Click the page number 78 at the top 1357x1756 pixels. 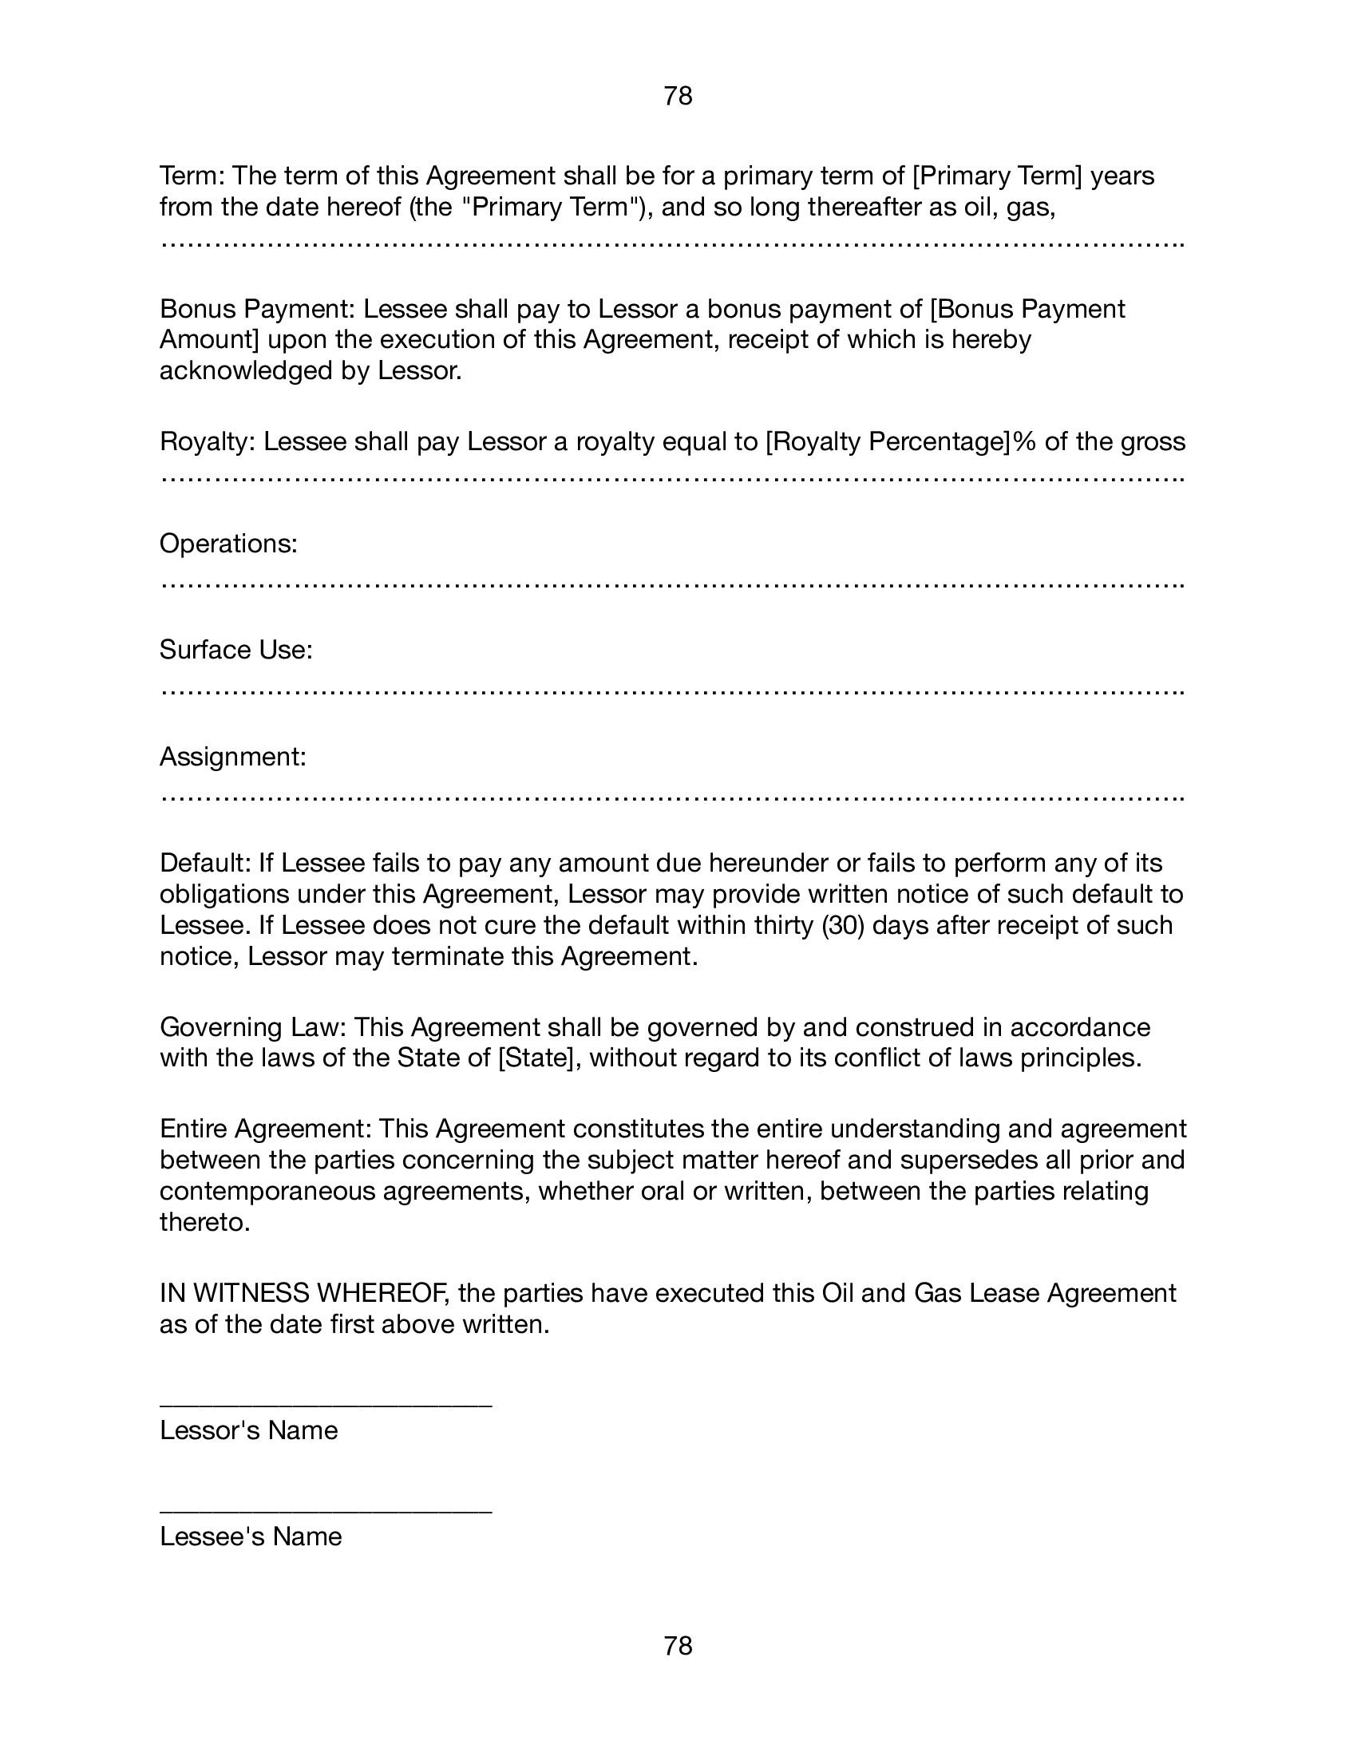tap(678, 97)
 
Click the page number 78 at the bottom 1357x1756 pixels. tap(678, 1646)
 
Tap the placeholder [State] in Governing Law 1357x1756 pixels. tap(536, 1058)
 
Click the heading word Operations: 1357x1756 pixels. tap(228, 544)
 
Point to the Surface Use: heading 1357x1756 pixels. tap(235, 650)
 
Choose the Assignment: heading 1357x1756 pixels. tap(232, 757)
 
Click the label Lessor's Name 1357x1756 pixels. tap(248, 1430)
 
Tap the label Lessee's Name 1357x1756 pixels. tap(251, 1536)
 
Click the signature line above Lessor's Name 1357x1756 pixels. tap(326, 1406)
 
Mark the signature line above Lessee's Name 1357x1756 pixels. tap(326, 1512)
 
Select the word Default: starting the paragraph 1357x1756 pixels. tap(206, 863)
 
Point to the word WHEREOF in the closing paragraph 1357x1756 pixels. tap(380, 1293)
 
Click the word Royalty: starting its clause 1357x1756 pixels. tap(208, 441)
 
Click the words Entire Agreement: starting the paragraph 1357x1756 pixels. tap(265, 1129)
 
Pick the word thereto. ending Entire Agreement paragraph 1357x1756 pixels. tap(205, 1222)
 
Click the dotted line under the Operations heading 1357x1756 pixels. tap(672, 583)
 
